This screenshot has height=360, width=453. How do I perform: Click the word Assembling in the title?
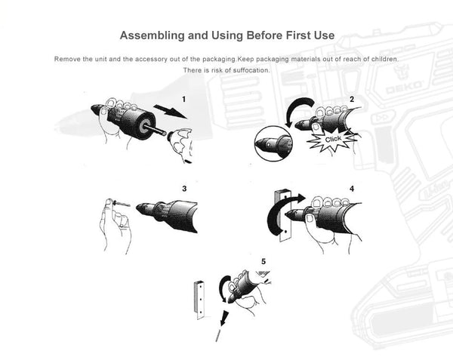[153, 35]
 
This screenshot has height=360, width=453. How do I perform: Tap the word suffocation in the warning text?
[251, 70]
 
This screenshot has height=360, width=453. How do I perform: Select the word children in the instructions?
[385, 59]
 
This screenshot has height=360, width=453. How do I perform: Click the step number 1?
[183, 100]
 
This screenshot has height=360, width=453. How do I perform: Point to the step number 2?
[352, 100]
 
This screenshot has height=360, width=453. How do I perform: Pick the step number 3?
[184, 189]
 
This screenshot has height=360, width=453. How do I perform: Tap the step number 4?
[352, 189]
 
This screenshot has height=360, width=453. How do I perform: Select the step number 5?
[263, 262]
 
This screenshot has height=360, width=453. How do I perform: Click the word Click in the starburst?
[333, 140]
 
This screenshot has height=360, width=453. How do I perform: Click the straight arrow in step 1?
[170, 112]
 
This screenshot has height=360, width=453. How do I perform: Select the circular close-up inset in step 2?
[273, 143]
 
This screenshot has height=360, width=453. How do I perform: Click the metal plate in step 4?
[283, 215]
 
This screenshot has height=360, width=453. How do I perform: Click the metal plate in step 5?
[199, 300]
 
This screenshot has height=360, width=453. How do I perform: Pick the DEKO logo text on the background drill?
[404, 87]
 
